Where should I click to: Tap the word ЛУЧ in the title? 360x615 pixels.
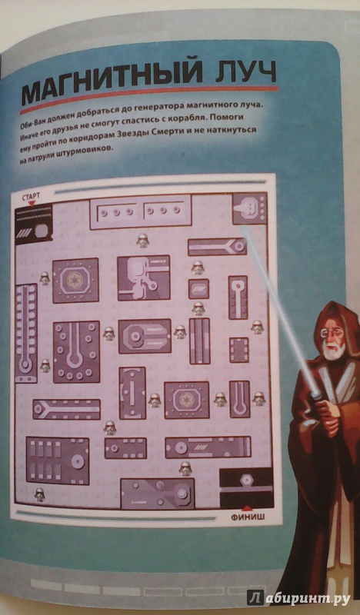(243, 73)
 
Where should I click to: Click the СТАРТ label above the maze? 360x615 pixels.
(31, 196)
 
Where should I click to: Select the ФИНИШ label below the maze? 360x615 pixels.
(248, 517)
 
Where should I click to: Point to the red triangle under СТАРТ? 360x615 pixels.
(32, 203)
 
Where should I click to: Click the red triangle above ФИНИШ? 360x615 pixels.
(246, 508)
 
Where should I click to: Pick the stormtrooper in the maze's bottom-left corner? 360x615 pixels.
(39, 494)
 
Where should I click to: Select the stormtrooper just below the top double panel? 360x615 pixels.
(142, 241)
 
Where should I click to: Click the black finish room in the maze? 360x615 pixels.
(246, 487)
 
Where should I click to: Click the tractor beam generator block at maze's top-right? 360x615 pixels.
(250, 208)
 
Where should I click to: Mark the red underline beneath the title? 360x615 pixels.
(148, 98)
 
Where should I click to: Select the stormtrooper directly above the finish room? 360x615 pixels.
(185, 468)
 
